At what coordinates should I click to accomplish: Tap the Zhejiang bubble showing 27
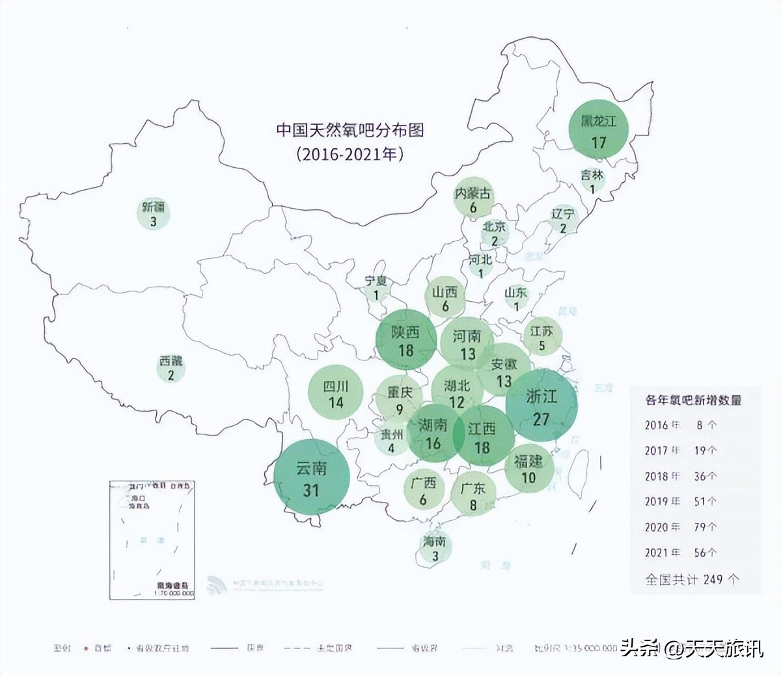point(541,406)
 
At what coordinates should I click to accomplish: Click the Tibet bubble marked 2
point(171,367)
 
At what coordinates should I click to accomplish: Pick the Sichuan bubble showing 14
point(336,394)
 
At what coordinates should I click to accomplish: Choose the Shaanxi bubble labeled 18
point(405,341)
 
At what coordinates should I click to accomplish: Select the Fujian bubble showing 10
point(528,469)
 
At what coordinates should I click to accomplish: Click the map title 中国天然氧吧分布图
point(350,130)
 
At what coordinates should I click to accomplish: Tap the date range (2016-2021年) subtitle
point(350,155)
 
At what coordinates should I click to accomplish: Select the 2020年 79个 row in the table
point(681,527)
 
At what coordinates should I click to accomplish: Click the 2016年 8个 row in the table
point(681,425)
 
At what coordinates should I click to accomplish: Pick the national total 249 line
point(692,579)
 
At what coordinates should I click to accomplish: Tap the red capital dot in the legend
point(86,648)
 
